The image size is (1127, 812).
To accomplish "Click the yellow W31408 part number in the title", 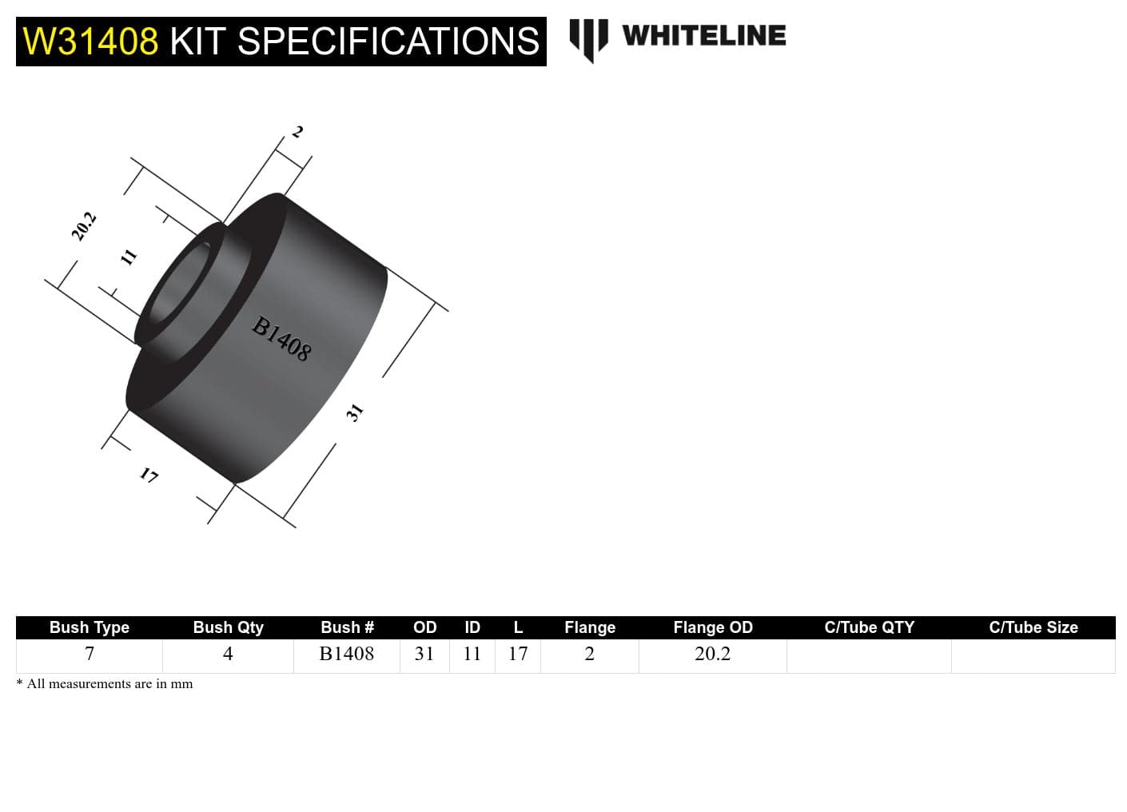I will pyautogui.click(x=90, y=42).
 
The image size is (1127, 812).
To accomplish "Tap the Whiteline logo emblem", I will pyautogui.click(x=588, y=38).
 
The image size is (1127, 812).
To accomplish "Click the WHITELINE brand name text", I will pyautogui.click(x=703, y=35).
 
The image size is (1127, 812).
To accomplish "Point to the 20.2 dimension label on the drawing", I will pyautogui.click(x=83, y=226).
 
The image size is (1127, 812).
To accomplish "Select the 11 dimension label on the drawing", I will pyautogui.click(x=128, y=257).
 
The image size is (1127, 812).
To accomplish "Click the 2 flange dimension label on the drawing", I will pyautogui.click(x=297, y=132).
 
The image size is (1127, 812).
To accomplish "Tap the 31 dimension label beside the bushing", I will pyautogui.click(x=355, y=412).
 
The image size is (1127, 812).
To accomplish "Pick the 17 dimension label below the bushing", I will pyautogui.click(x=149, y=476).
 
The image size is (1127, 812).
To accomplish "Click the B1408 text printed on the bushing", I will pyautogui.click(x=281, y=339).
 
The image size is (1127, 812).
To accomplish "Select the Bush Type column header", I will pyautogui.click(x=89, y=627).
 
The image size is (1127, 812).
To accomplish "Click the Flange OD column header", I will pyautogui.click(x=712, y=627).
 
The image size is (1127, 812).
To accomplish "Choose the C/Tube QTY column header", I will pyautogui.click(x=869, y=627).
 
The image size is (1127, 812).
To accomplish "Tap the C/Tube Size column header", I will pyautogui.click(x=1033, y=627).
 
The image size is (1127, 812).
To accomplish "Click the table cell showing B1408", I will pyautogui.click(x=346, y=654).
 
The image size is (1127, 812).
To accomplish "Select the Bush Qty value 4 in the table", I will pyautogui.click(x=228, y=654).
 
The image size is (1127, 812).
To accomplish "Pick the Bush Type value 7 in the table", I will pyautogui.click(x=90, y=654).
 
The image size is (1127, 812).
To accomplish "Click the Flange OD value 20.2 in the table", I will pyautogui.click(x=712, y=654).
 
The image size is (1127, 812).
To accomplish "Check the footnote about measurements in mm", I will pyautogui.click(x=105, y=684).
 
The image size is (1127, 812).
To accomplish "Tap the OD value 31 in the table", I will pyautogui.click(x=424, y=654).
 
